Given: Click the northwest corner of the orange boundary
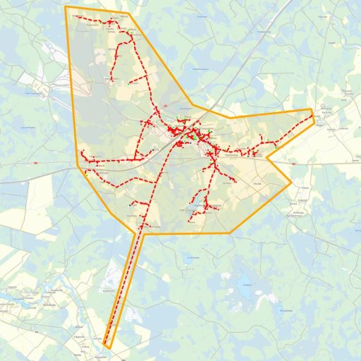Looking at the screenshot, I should click(66, 7).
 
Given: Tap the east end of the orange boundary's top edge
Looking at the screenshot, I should click(129, 13).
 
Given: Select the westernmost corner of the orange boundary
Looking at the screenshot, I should click(78, 166).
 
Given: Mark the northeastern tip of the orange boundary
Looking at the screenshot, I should click(312, 109).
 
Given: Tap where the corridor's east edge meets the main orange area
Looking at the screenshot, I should click(144, 233).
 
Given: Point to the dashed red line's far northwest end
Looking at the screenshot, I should click(75, 16).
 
